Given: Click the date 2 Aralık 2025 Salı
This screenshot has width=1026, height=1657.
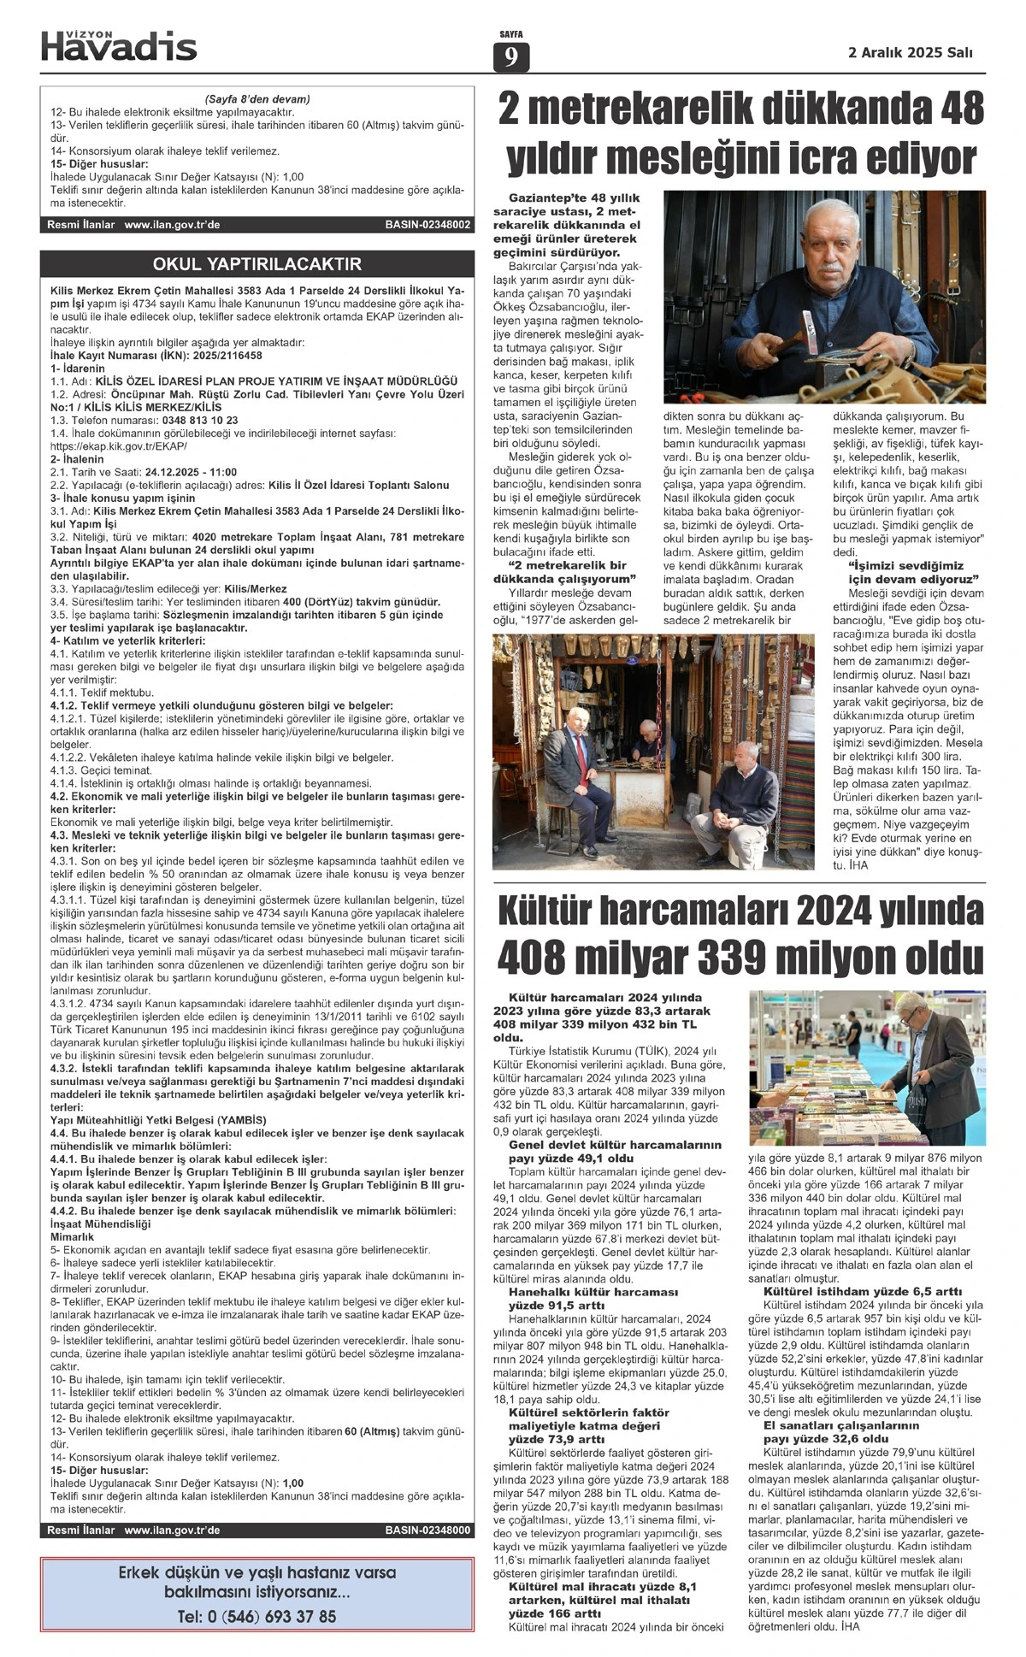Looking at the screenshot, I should click(910, 52).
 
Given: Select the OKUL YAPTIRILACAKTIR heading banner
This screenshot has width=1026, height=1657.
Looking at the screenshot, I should click(256, 264).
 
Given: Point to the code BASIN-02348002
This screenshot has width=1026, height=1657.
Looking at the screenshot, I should click(427, 225).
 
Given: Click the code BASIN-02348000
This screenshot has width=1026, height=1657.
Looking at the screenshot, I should click(427, 1530).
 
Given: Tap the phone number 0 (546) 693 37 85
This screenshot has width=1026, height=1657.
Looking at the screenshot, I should click(256, 1616).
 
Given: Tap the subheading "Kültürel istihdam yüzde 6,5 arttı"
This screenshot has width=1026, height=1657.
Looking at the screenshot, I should click(863, 1290).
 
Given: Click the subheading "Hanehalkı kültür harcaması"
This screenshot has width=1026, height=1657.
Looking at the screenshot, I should click(593, 1292).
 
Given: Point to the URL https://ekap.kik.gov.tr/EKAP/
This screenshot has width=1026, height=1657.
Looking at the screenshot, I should click(119, 446).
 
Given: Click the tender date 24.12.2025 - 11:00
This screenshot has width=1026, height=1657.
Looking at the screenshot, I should click(191, 472).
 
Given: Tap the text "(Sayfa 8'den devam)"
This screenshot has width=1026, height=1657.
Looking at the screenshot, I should click(257, 99).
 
